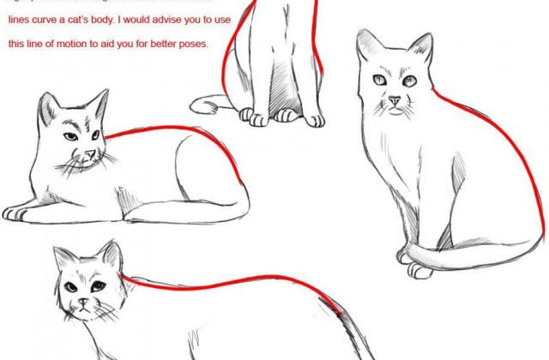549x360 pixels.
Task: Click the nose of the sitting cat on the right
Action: coord(394,101)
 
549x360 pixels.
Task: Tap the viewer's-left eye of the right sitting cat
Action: coord(380,81)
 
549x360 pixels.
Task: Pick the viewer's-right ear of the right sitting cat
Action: coord(421,47)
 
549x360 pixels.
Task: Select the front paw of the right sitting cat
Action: coord(420,271)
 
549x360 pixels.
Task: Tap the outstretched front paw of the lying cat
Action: coord(17,213)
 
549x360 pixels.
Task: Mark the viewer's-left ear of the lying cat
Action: coord(49,105)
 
